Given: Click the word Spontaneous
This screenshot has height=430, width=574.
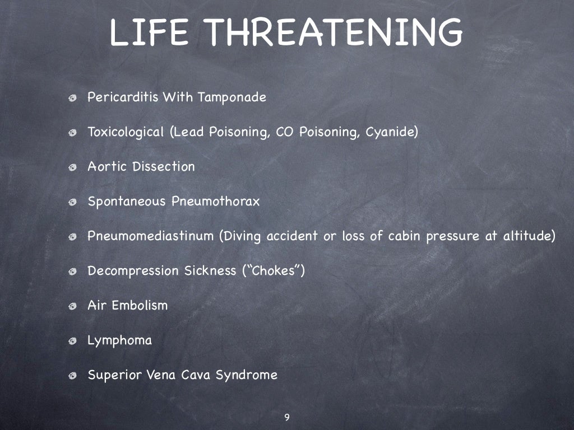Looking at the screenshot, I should [x=127, y=202].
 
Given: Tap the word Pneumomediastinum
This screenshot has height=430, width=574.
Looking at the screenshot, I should [x=151, y=236].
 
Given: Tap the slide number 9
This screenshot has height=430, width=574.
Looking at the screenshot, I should [x=287, y=417].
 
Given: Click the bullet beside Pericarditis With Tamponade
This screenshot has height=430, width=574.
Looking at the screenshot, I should [x=73, y=99].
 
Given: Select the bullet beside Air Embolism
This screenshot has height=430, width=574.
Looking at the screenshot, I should [x=73, y=307].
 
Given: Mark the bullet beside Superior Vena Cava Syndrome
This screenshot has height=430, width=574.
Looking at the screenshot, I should [x=73, y=376].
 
